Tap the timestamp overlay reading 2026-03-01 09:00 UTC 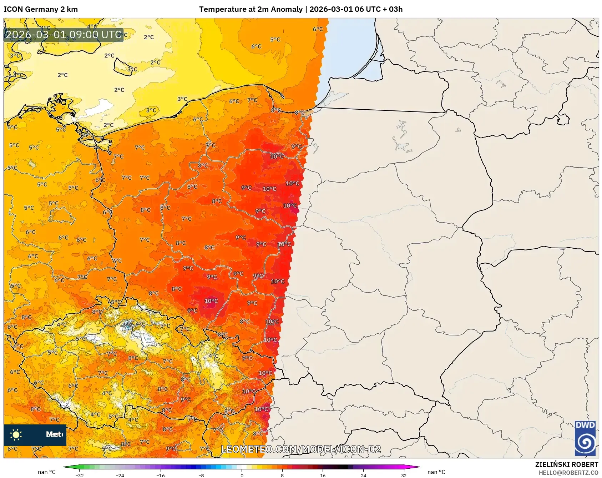coord(64,35)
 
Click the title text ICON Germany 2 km coord(41,9)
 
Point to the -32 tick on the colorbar coord(80,475)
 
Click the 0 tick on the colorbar coord(242,475)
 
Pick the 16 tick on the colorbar coord(323,475)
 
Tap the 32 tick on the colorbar coord(404,475)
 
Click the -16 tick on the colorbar coord(161,475)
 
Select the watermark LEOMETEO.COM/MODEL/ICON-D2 coord(301,449)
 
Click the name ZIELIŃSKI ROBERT coord(566,464)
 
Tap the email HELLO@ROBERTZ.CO coord(568,473)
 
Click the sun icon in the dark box coord(16,434)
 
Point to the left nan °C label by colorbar coord(47,472)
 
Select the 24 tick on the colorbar coord(363,475)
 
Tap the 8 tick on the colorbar coord(282,475)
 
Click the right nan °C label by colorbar coord(436,472)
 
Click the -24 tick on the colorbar coord(120,475)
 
